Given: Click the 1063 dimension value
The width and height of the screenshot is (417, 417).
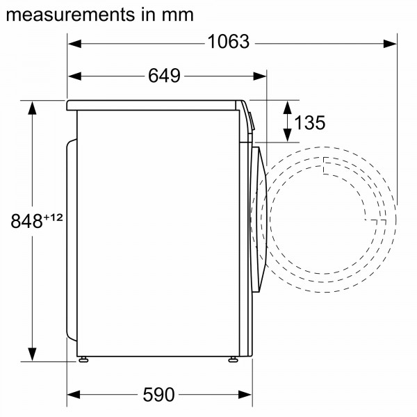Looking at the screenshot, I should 228,42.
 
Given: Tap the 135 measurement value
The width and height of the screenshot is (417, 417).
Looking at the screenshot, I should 309,123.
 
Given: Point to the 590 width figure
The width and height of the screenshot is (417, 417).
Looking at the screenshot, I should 158,395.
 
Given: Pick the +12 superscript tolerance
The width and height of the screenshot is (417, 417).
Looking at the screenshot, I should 54,218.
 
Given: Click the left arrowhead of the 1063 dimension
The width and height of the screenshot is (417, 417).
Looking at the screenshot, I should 74,43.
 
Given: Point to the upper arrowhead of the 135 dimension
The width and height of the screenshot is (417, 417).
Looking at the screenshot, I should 287,105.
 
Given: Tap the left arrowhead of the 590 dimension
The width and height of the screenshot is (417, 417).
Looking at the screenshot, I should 74,395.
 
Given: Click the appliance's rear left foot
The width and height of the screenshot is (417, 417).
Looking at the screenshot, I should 83,359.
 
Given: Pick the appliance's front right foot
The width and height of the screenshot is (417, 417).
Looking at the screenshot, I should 231,359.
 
